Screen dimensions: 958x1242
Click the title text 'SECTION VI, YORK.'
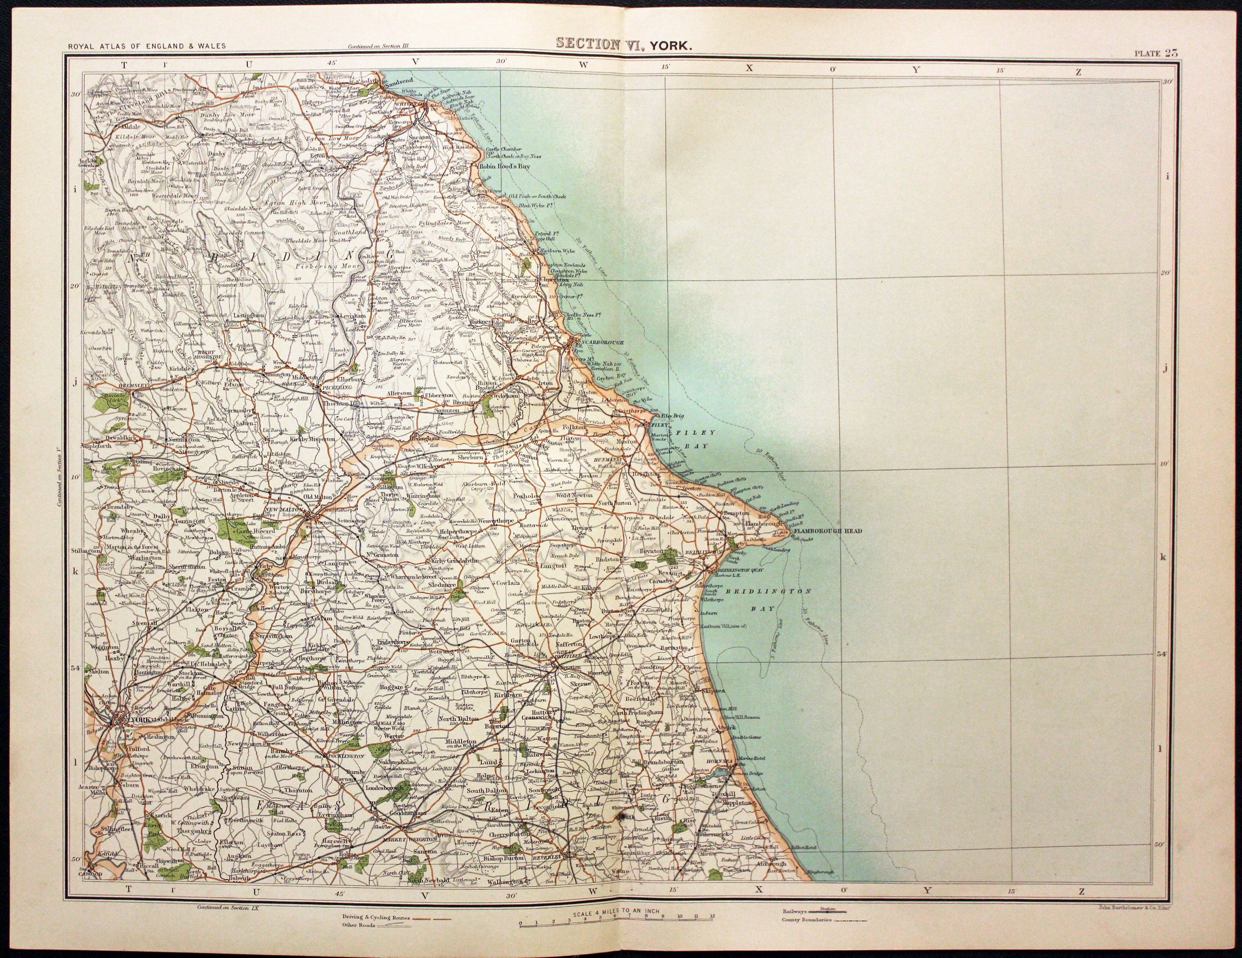point(623,45)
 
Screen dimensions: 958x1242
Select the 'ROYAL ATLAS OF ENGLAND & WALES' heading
point(146,47)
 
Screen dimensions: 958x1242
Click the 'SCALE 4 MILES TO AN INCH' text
point(616,911)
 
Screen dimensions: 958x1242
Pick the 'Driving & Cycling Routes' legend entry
point(375,918)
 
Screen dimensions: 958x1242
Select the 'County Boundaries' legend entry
point(807,919)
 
